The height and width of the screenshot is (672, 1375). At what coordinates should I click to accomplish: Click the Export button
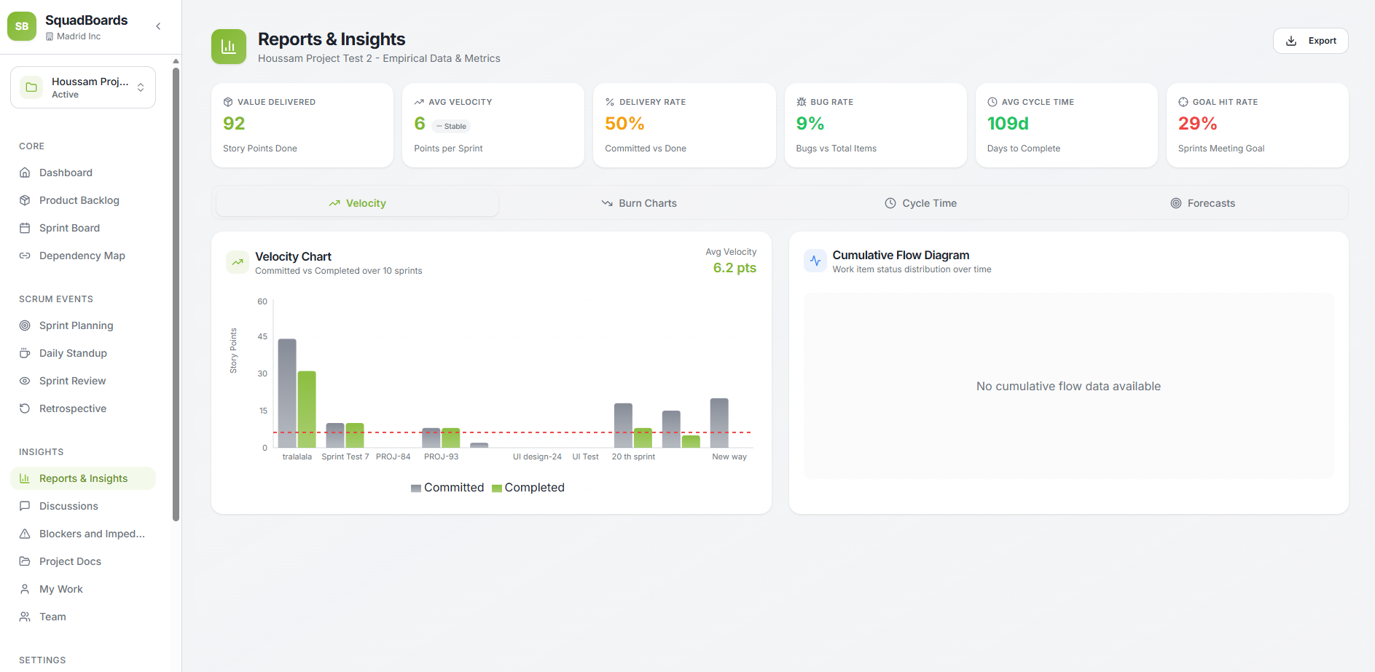point(1310,41)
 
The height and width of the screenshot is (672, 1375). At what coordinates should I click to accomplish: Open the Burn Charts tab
point(639,203)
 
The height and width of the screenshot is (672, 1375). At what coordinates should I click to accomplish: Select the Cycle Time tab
point(920,203)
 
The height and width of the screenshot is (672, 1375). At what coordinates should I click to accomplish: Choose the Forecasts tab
point(1202,203)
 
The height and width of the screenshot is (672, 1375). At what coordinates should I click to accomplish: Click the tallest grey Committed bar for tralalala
point(287,393)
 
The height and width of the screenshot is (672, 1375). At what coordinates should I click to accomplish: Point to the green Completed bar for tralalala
point(307,409)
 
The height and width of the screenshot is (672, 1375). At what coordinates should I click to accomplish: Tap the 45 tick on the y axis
point(262,336)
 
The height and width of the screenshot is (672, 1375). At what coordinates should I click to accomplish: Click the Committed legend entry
point(447,488)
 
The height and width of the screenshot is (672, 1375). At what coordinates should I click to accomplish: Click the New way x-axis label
point(729,456)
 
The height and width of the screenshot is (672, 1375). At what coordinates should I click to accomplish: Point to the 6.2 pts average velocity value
point(734,268)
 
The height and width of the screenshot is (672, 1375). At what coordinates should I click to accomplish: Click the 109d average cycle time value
point(1008,124)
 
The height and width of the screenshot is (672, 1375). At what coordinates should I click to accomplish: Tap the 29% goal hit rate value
point(1197,124)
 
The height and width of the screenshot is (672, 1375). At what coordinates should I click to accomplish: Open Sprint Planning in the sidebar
point(76,325)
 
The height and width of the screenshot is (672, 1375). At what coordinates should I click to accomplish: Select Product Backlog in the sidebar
point(79,200)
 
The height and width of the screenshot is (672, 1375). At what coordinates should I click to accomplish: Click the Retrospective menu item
point(72,408)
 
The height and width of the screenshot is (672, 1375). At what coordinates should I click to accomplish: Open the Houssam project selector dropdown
point(83,87)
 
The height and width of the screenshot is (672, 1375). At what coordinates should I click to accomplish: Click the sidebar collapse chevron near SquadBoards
point(158,26)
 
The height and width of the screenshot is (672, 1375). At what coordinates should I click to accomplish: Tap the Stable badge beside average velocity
point(453,126)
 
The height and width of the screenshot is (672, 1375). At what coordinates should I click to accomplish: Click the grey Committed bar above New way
point(719,422)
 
